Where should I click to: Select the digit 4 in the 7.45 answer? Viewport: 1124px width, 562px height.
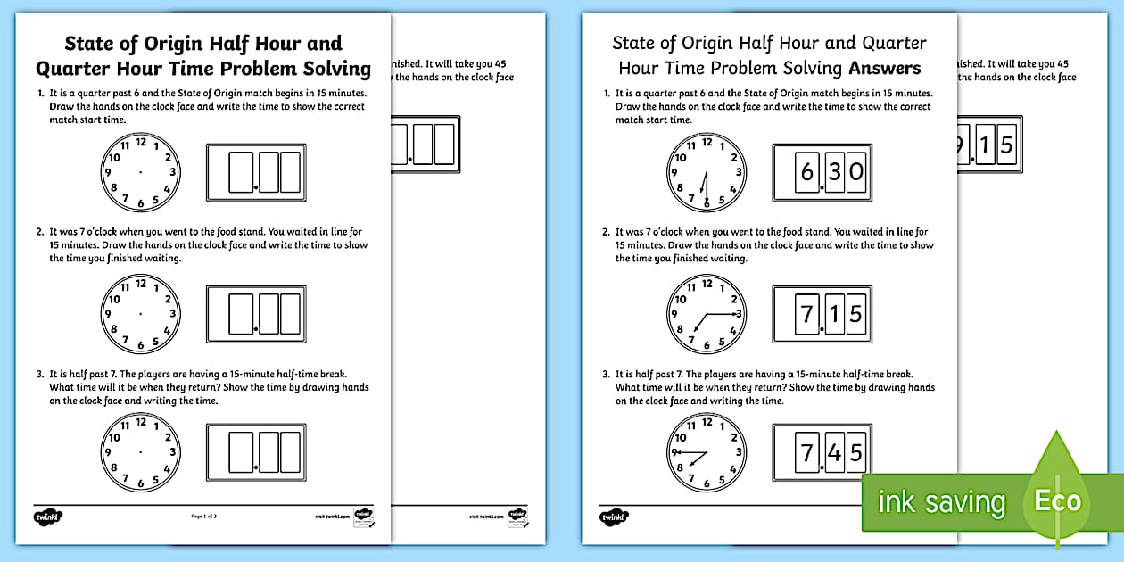click(833, 453)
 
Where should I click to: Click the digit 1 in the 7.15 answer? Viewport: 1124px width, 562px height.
click(833, 313)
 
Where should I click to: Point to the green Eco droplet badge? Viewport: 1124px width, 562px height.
click(1057, 500)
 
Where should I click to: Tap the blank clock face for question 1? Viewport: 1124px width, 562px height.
click(140, 170)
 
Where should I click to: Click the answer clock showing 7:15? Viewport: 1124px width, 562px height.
click(706, 313)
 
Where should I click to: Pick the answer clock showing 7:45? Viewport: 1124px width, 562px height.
click(706, 454)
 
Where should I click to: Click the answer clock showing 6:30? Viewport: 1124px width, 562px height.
click(706, 172)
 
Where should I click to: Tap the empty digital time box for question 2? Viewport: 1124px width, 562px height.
click(255, 313)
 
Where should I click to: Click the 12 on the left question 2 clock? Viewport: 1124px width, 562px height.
click(140, 284)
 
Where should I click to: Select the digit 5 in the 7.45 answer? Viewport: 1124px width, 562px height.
click(856, 453)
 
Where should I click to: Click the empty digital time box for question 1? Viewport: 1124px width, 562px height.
click(255, 171)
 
